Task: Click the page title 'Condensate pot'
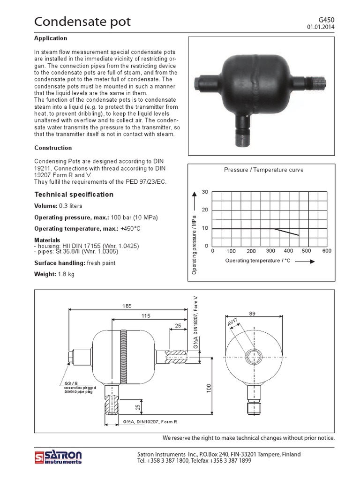tap(82, 22)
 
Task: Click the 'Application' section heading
tap(51, 38)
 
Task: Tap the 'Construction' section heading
tap(53, 148)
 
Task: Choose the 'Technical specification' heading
tap(74, 195)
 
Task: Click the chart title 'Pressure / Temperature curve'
tap(264, 170)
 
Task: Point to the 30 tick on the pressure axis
tap(204, 193)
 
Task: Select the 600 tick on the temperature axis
tap(327, 251)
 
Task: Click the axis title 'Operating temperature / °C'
tap(258, 260)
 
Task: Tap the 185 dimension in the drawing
tap(127, 306)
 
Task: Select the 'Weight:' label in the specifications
tap(45, 274)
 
